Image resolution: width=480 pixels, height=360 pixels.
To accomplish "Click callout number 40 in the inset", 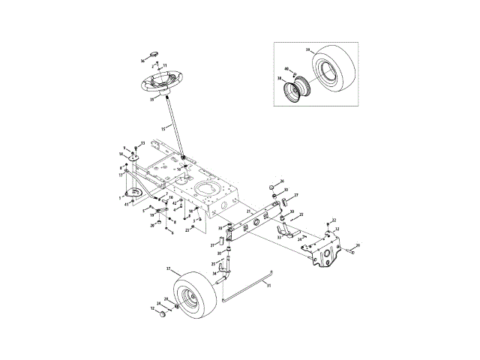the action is [286, 70].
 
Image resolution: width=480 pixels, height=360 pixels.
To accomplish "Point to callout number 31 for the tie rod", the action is [269, 284].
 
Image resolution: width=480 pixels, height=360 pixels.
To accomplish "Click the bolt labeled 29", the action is [357, 246].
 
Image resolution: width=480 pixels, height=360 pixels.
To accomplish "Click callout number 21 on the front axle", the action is [249, 212].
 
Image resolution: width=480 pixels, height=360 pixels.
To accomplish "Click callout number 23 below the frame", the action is [187, 230].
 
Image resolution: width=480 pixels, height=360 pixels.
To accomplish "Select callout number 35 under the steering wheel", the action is [151, 98].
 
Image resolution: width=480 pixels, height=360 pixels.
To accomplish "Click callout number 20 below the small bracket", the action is [152, 225].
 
